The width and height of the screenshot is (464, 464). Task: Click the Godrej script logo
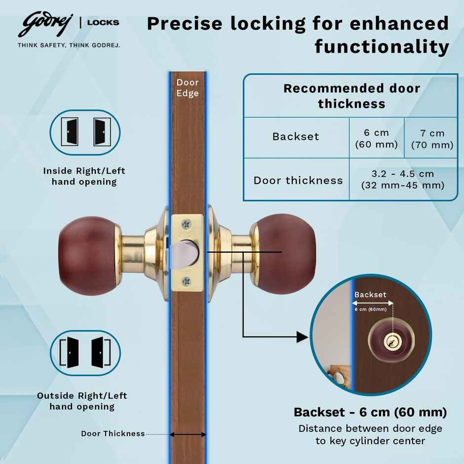pos(44,25)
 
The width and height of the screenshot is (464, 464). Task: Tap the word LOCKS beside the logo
pos(103,22)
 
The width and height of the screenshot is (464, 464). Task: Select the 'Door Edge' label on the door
pos(188,88)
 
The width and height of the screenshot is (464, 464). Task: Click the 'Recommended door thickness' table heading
pos(351,96)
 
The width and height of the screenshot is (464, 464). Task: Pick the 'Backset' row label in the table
pos(296,137)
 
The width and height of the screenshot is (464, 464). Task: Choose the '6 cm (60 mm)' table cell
pos(376,138)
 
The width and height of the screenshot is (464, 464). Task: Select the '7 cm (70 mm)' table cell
pos(432,139)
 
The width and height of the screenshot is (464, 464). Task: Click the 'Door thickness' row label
pos(298,180)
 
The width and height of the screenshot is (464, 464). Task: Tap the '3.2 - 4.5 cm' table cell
pos(402,180)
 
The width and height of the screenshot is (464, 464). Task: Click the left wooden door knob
pos(88,256)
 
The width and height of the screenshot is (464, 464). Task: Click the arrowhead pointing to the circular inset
pos(302,337)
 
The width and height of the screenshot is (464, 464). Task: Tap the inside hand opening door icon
pos(85,132)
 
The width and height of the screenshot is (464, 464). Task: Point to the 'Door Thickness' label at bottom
pos(113,434)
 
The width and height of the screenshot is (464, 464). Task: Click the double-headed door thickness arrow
pos(188,435)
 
